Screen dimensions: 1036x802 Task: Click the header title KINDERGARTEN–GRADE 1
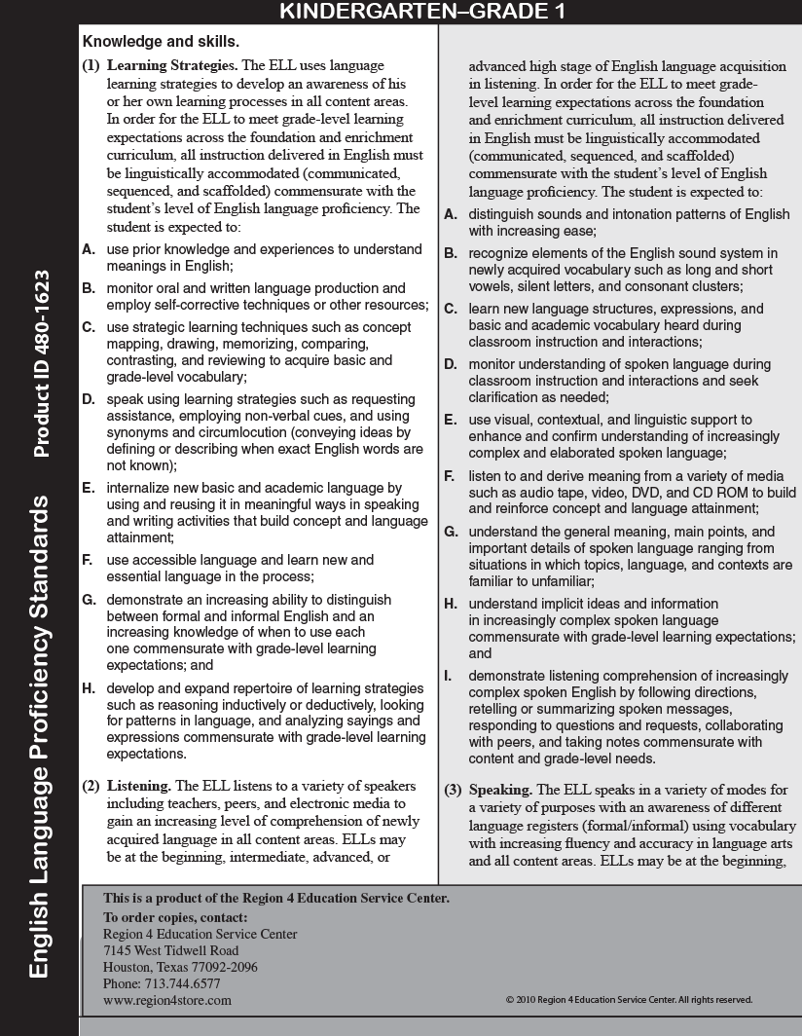pos(421,11)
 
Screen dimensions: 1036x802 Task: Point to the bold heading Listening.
pos(138,786)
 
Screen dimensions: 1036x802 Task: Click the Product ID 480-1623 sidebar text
pos(40,362)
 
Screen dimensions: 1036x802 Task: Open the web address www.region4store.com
pos(167,1000)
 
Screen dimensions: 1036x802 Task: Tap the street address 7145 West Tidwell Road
pos(170,950)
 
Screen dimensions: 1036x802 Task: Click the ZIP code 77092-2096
pos(224,967)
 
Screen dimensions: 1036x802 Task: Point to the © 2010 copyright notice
pos(629,1000)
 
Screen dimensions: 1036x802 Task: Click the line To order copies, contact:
pos(175,917)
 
